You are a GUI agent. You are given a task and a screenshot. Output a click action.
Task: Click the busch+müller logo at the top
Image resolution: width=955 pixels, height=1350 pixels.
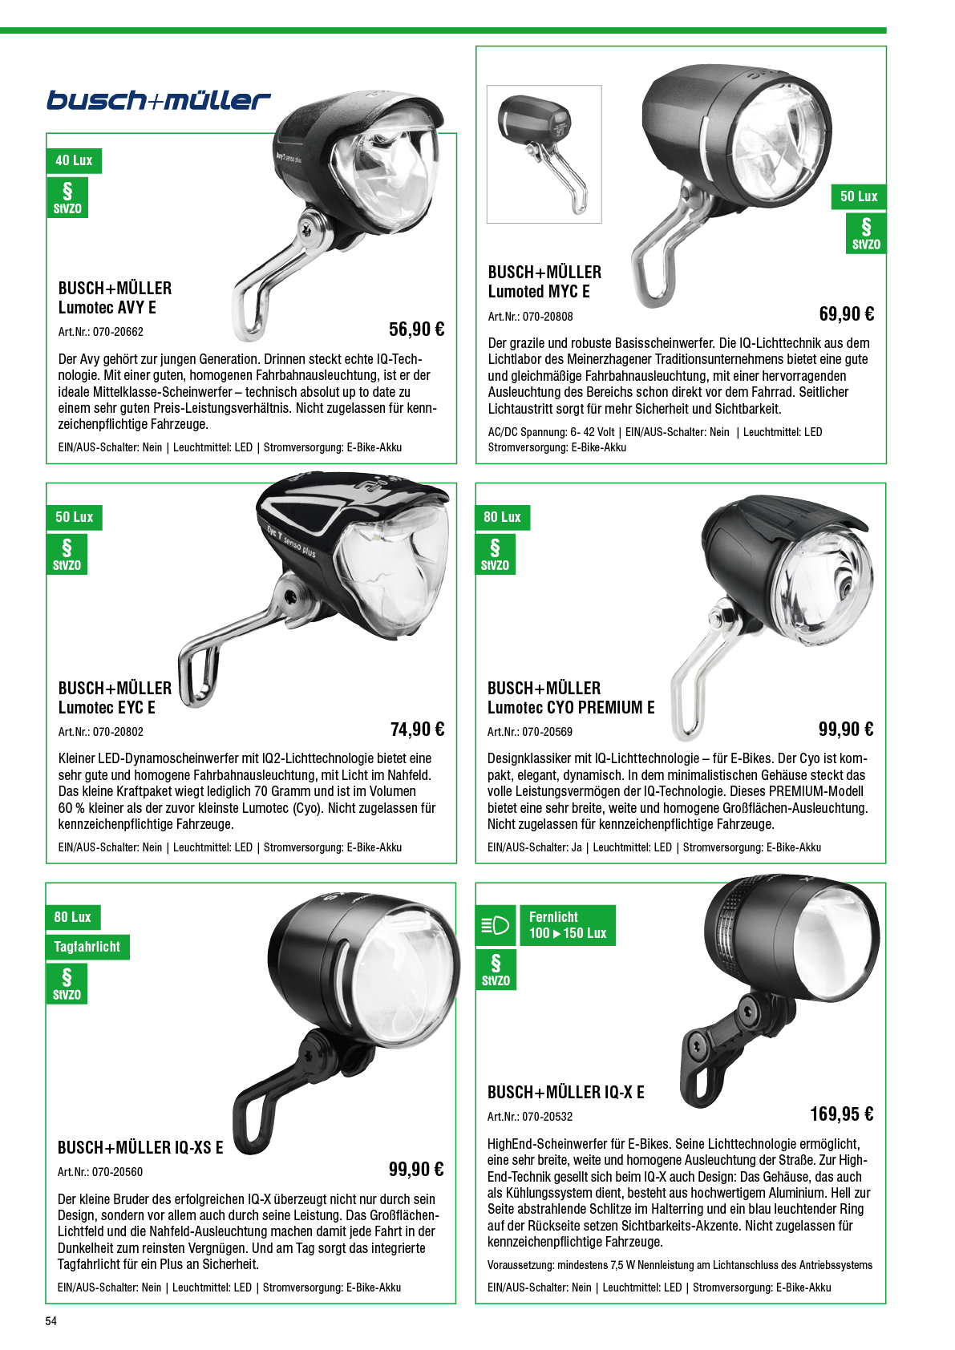click(159, 100)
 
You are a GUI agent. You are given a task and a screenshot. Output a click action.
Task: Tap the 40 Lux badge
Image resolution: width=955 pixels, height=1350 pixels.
click(74, 160)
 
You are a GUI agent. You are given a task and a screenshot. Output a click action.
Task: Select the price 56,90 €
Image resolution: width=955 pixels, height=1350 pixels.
click(417, 329)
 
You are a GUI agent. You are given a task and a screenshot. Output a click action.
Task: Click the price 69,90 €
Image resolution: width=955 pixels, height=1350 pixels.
click(847, 313)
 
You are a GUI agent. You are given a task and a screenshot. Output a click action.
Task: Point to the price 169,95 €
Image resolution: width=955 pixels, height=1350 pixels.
click(842, 1114)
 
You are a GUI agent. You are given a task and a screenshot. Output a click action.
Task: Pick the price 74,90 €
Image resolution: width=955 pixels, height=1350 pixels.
click(417, 730)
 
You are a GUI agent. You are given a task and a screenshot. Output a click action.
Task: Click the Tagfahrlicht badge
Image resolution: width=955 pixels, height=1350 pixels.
click(87, 947)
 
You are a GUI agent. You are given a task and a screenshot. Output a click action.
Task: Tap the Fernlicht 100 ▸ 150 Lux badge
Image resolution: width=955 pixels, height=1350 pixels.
click(568, 925)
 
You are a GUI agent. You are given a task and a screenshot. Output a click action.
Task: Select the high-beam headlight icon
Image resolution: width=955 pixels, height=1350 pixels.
click(496, 925)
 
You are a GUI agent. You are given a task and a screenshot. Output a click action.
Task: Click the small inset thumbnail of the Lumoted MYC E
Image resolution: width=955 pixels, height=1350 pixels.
click(544, 154)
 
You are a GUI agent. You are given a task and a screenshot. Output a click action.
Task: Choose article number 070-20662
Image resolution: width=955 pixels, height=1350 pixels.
click(118, 332)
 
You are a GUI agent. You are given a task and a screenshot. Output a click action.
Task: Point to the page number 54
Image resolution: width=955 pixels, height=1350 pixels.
click(51, 1321)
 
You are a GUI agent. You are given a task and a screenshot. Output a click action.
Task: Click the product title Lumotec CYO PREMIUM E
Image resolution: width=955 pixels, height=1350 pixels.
click(571, 708)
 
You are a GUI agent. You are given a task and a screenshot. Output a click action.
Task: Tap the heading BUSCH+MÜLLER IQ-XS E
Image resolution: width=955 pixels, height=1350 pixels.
click(140, 1147)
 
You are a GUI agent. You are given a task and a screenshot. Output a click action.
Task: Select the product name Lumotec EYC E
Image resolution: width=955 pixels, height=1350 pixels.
click(107, 708)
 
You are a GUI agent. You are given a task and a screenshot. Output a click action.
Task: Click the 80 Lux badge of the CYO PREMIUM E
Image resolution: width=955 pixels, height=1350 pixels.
click(502, 517)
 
